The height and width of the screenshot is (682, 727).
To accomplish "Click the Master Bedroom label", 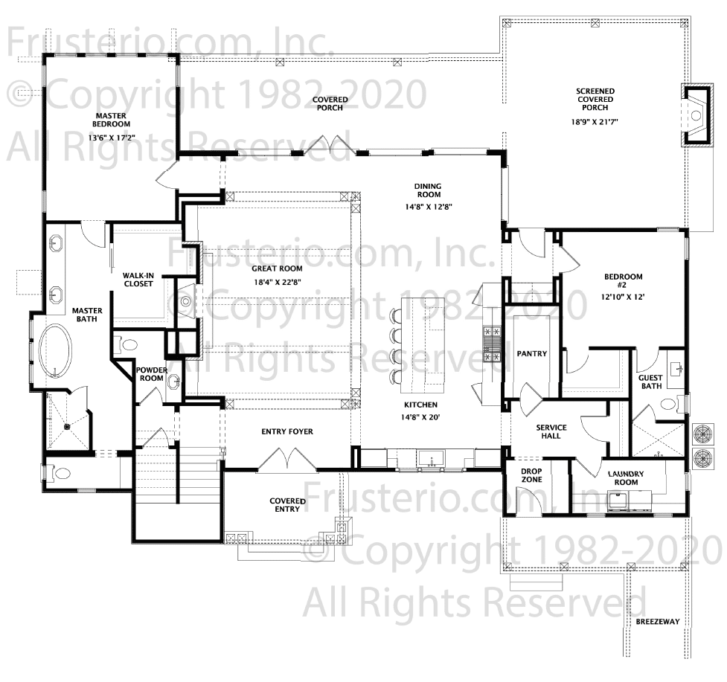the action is pos(111,120).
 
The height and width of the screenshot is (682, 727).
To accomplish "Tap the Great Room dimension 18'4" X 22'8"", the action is pos(278,282).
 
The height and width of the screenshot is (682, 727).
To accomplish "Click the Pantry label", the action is pos(532,353).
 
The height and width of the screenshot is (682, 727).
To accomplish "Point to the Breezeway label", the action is pos(658,621).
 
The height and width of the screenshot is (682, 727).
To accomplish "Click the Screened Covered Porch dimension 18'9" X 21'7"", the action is pos(595,122).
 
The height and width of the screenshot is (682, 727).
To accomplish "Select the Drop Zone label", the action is pos(531,475).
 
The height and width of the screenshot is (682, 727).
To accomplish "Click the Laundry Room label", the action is pos(626,477).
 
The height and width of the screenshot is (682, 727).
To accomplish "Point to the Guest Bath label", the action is pos(650,382).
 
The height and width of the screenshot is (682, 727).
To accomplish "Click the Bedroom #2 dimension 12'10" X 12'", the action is pos(623,297).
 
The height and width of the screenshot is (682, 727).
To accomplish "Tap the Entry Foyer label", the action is pos(287,431).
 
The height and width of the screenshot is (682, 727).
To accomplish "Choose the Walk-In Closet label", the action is pos(138,280).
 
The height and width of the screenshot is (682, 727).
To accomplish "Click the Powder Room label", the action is pos(152,374).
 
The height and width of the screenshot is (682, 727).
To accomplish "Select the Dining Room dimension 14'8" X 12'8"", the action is pos(429,207).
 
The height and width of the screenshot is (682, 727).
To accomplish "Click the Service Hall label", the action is pos(551,431).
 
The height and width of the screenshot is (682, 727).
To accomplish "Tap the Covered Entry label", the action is pos(287,504).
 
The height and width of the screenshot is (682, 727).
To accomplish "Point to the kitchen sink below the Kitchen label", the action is pos(431,458).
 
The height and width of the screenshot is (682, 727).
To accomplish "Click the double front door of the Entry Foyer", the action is pos(287,460).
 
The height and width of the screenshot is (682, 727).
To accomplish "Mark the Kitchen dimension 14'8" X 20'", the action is pos(420,417).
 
